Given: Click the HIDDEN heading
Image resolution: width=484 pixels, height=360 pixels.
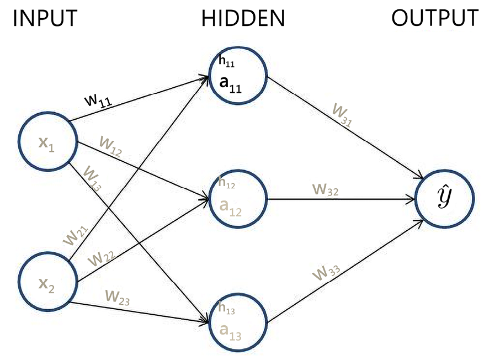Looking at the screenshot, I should point(243,19).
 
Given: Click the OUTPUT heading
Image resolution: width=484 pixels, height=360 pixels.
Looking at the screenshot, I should point(435,19).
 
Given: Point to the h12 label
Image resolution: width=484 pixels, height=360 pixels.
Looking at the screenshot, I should point(226,182).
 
